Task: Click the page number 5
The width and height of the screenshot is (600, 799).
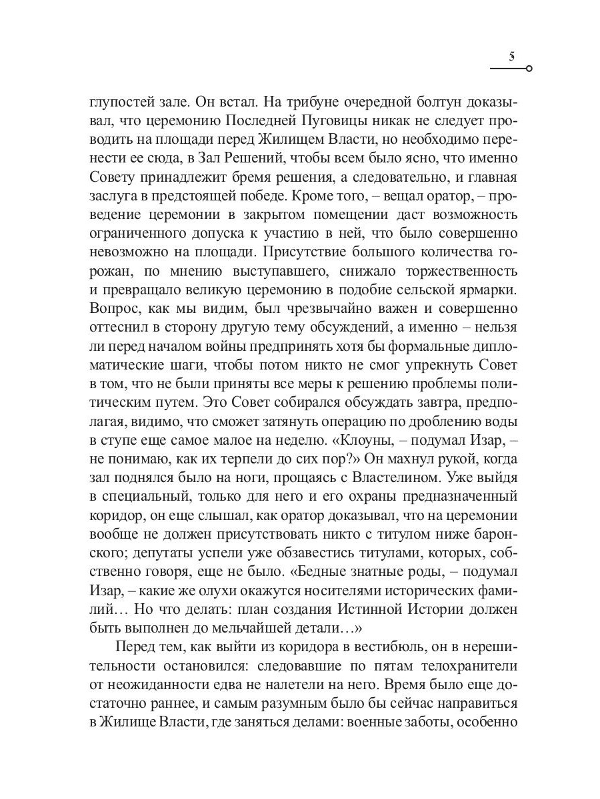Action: pyautogui.click(x=511, y=57)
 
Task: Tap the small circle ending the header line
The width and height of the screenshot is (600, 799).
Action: pyautogui.click(x=529, y=69)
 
